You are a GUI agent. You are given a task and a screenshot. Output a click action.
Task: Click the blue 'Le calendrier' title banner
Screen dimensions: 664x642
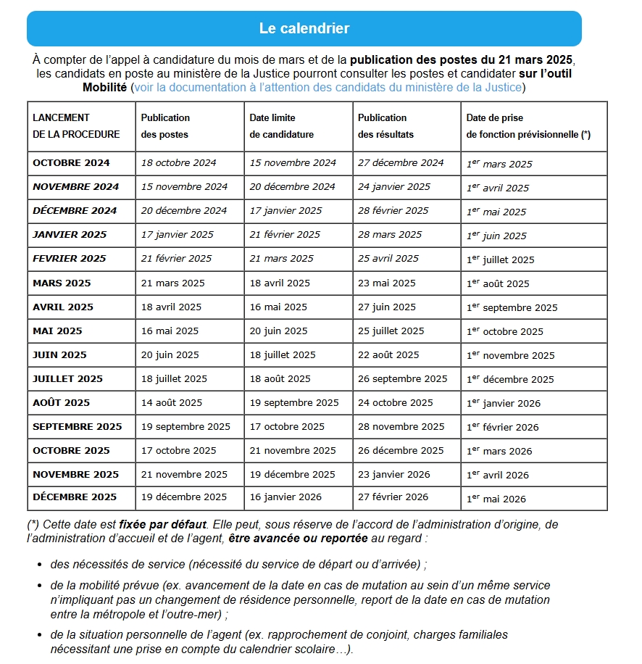pos(304,29)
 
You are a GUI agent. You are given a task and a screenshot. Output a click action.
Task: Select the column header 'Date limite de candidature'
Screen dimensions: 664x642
pos(282,126)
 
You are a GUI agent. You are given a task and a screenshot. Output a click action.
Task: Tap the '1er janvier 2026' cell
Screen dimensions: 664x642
pos(504,403)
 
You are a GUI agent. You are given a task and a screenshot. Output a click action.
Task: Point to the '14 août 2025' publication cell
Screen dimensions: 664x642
pos(172,402)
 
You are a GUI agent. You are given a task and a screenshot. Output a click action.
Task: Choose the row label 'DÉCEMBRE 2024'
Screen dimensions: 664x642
pos(75,211)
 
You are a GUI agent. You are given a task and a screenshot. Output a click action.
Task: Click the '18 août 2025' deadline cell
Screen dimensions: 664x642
pos(280,378)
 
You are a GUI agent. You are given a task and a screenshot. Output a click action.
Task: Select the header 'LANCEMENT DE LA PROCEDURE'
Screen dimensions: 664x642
pos(76,126)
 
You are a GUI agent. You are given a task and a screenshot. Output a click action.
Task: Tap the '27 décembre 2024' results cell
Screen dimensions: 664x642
pos(401,162)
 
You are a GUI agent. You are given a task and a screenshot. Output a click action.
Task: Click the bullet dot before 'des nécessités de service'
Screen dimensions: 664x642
pos(39,565)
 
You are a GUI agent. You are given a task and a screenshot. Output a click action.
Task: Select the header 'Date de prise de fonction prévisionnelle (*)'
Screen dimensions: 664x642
pos(528,126)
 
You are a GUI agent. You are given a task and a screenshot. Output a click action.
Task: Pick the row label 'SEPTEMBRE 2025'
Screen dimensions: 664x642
pos(78,426)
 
